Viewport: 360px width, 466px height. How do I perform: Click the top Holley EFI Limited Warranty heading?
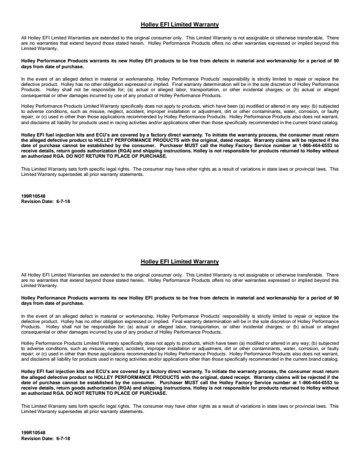tap(180, 25)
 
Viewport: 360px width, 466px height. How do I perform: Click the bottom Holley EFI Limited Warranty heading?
tap(180, 261)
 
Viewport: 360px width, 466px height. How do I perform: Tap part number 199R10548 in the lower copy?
tap(30, 432)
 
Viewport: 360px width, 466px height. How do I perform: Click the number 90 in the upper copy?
tap(335, 61)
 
